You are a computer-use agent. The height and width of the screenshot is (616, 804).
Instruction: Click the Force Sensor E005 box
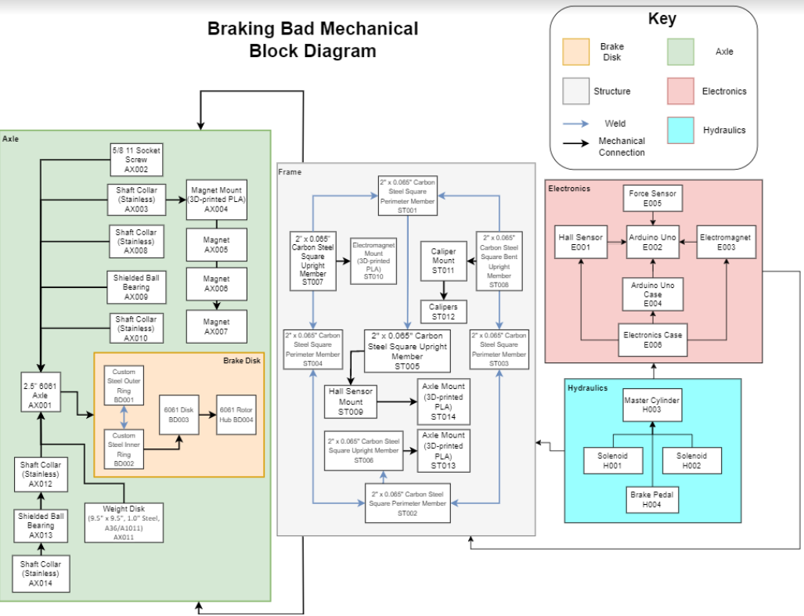pos(653,199)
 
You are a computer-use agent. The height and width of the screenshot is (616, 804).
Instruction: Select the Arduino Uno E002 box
pos(653,241)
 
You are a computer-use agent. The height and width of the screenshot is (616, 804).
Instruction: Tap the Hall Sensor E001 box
pos(580,241)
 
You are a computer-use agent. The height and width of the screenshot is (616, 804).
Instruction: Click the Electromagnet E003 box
pos(725,241)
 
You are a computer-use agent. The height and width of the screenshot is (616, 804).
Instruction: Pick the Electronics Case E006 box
pos(652,340)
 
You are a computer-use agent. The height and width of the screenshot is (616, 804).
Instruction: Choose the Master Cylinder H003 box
pos(652,405)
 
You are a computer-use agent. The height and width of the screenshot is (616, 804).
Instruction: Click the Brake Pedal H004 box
pos(652,499)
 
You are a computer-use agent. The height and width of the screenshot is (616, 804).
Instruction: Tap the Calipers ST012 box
pos(443,312)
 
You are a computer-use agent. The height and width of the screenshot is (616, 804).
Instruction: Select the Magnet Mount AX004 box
pos(215,199)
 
